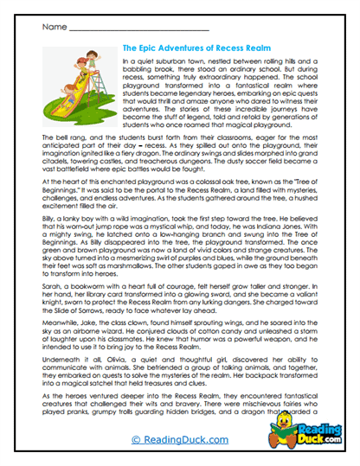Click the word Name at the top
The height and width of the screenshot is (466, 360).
(50, 29)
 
